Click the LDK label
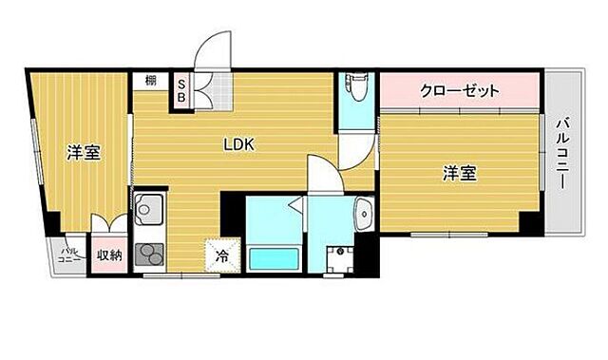coord(238,144)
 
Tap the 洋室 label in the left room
coord(84,152)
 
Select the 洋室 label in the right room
coord(460,173)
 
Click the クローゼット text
coord(460,92)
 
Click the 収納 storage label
coord(109,255)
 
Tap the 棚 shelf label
coord(151,82)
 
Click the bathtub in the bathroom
coord(275,258)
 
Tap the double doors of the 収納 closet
coord(109,227)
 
